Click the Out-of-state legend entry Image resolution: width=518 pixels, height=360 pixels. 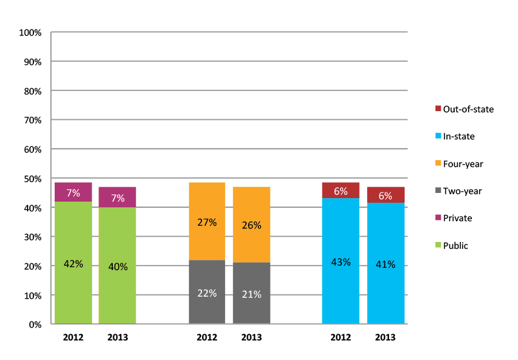coord(464,109)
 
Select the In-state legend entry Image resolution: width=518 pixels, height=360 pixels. coord(458,137)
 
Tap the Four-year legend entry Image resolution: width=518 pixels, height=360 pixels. coord(462,164)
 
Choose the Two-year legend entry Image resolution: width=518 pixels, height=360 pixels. coord(462,191)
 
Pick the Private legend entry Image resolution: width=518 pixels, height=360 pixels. coord(457,218)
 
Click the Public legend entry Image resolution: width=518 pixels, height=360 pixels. coord(455,246)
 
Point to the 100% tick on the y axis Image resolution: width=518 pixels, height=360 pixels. coord(31,33)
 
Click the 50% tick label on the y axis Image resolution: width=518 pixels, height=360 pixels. coord(32,179)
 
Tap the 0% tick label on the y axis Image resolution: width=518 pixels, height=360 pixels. coord(35,324)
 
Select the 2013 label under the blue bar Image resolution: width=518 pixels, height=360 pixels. coord(385,338)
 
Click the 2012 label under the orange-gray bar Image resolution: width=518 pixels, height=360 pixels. coord(207,338)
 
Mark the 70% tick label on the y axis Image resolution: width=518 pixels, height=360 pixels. coord(32,120)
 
